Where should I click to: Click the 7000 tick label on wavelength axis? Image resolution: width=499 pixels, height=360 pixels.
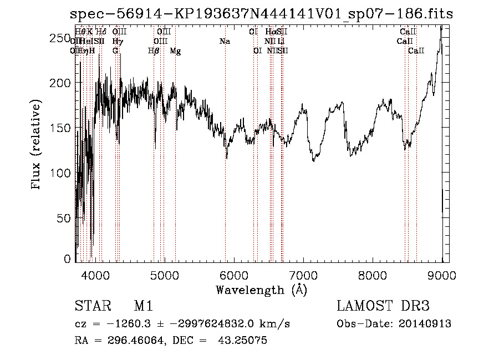(303, 275)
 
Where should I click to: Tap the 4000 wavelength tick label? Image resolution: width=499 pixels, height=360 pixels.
(95, 275)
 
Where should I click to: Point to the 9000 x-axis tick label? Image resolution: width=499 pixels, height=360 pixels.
(442, 275)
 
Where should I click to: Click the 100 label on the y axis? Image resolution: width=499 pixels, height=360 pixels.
(62, 173)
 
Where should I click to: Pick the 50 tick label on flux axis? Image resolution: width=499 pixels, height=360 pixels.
(64, 218)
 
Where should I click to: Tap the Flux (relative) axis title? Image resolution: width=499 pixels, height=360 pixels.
(37, 145)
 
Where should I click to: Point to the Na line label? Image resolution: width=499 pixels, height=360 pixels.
(225, 42)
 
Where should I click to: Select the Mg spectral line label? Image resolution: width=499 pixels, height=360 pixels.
(175, 51)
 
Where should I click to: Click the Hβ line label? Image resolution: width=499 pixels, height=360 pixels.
(154, 51)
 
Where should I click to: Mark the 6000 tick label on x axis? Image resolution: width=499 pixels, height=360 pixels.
(233, 275)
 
